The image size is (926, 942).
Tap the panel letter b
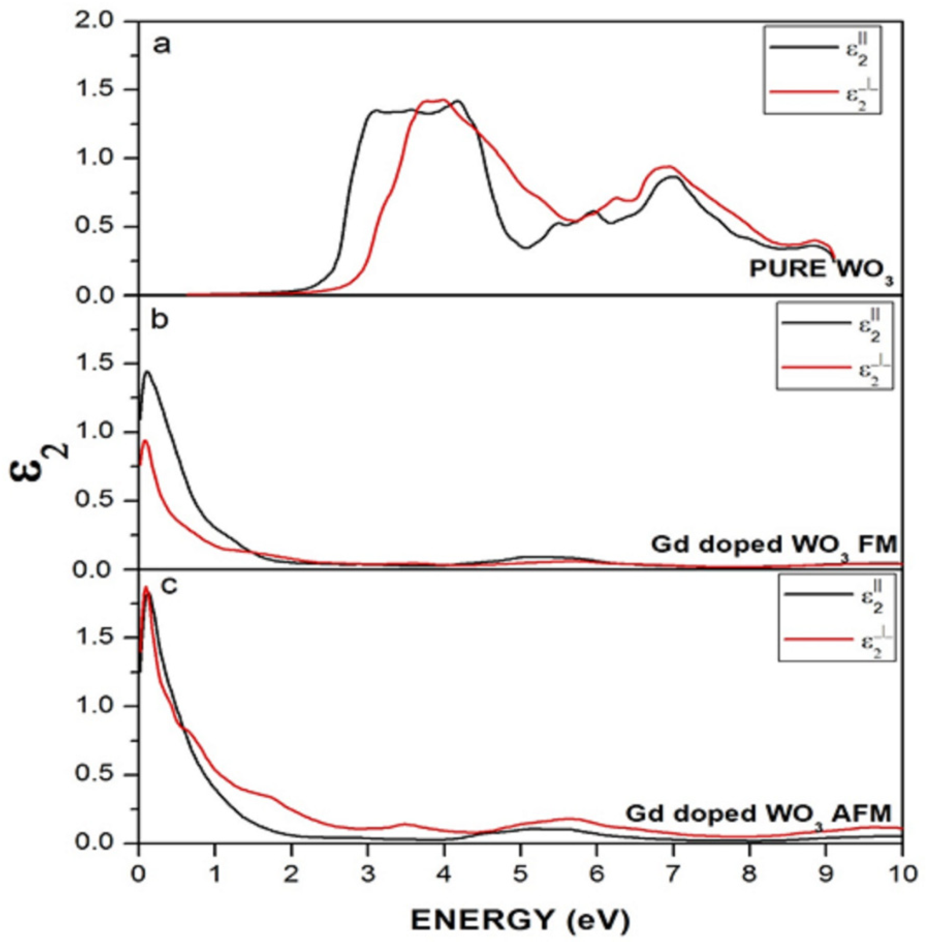(x=160, y=321)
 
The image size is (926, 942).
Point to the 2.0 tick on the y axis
(x=100, y=21)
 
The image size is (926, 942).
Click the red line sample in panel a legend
(x=803, y=91)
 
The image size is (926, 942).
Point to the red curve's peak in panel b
(x=144, y=441)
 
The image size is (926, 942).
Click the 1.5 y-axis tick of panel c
(x=100, y=638)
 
